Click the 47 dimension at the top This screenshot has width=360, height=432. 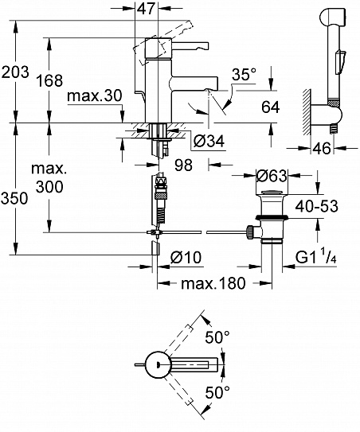(147, 9)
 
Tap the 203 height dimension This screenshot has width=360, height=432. (15, 72)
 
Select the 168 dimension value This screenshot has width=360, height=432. (49, 80)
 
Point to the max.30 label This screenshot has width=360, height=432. (94, 96)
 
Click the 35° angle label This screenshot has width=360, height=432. (244, 75)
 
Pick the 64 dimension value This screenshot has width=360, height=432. (270, 107)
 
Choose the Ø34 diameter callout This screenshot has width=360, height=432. (209, 141)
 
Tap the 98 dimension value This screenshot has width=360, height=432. (183, 165)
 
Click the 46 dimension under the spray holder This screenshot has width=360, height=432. (322, 149)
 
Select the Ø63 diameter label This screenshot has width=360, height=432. (272, 176)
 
